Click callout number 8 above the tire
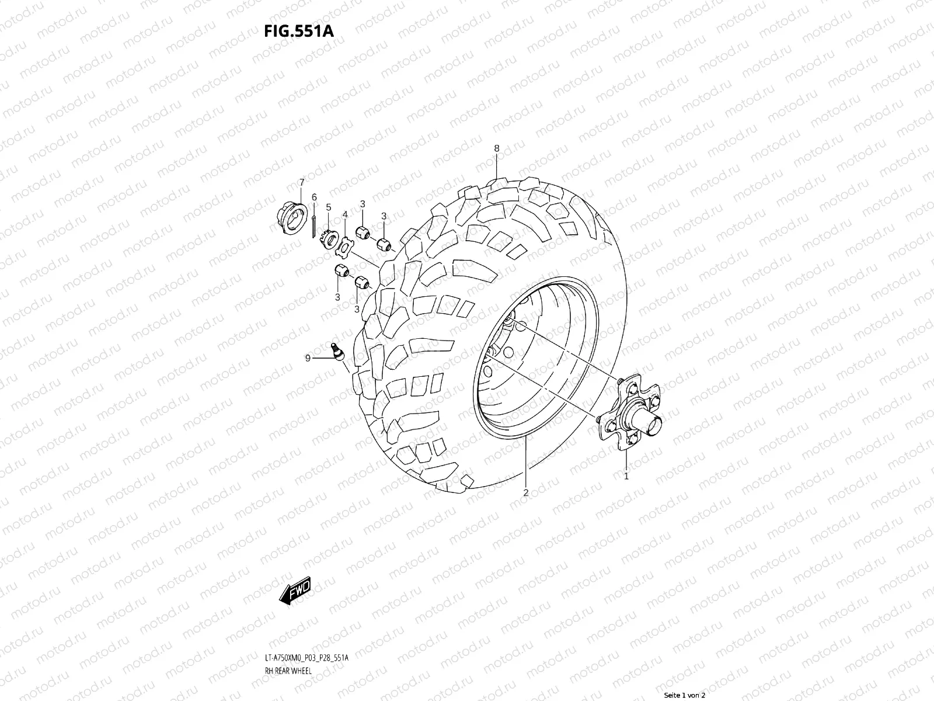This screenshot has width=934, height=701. [497, 148]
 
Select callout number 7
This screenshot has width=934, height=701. [302, 183]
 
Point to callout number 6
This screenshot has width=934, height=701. [314, 197]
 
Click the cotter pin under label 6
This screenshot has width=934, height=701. [315, 224]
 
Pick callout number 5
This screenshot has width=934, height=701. [329, 207]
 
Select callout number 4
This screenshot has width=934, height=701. [345, 215]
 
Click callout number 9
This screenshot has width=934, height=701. [308, 358]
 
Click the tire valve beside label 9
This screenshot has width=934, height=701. [336, 351]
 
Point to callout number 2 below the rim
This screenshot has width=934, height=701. [525, 492]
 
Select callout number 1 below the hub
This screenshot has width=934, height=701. [626, 476]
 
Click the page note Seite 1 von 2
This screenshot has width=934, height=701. [685, 695]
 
